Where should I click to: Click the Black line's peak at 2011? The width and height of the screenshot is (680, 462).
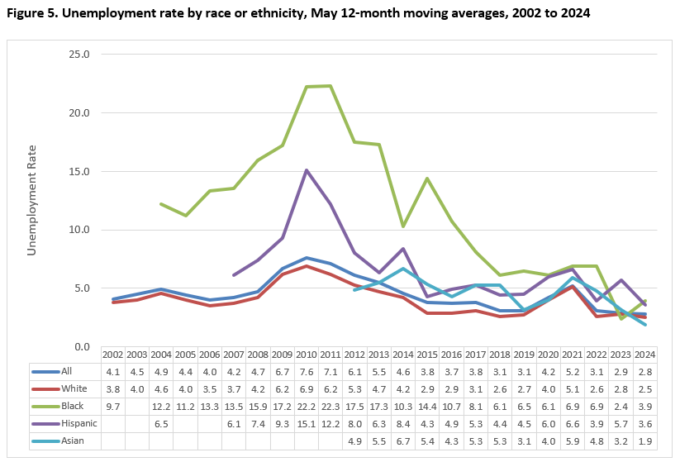click(330, 85)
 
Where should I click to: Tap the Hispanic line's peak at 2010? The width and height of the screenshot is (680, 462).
click(307, 169)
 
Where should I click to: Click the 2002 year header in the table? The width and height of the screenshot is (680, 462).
click(113, 354)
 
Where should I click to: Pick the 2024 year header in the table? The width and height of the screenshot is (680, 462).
click(645, 354)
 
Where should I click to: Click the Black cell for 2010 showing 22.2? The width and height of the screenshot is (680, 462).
click(307, 406)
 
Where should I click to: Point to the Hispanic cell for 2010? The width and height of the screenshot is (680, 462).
click(307, 424)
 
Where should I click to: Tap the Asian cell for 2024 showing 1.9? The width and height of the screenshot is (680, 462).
click(645, 441)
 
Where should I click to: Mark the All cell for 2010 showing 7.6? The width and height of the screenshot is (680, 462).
click(307, 371)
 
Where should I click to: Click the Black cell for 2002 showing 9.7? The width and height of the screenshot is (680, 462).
click(113, 406)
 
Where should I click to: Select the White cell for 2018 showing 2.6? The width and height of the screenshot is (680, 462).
click(500, 388)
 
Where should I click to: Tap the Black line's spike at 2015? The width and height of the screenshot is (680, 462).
click(427, 178)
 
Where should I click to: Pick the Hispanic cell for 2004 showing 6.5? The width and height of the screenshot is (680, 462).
click(161, 424)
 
